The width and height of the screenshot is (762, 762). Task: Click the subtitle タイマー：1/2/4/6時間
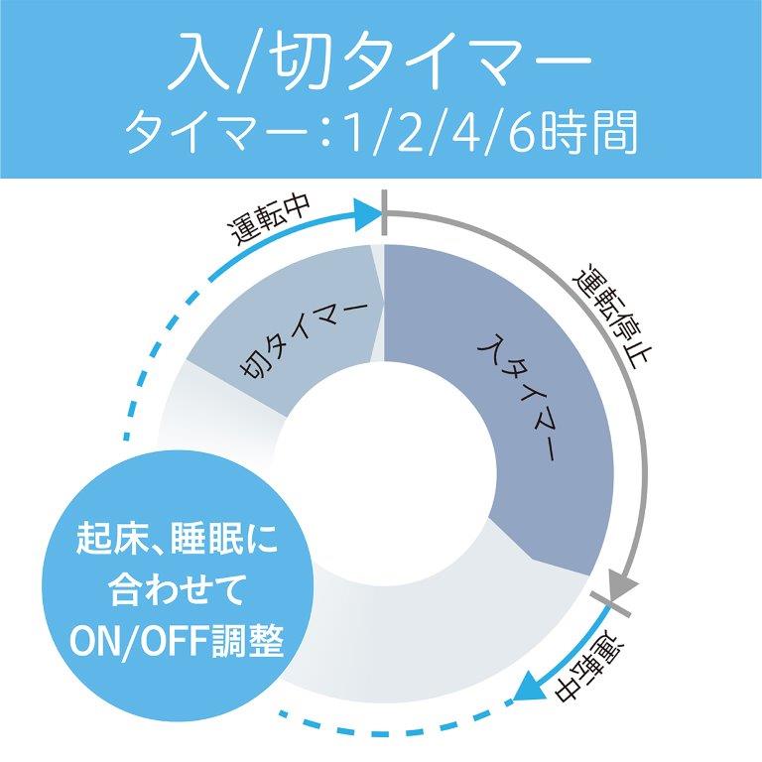(381, 132)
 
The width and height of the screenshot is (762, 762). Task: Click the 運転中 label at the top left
(270, 220)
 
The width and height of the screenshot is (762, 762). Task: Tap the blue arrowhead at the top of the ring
(368, 214)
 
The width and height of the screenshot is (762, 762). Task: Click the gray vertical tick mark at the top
(384, 213)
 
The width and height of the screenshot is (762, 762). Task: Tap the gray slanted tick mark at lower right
(610, 604)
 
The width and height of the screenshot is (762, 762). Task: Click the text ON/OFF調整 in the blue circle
(177, 641)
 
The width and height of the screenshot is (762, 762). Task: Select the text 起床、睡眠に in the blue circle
(177, 539)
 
